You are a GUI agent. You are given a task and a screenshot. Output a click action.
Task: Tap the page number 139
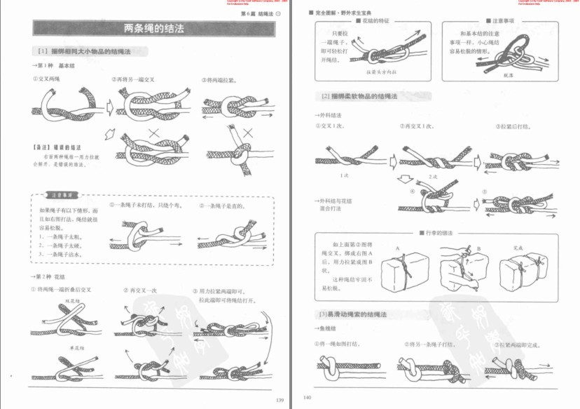[279, 400]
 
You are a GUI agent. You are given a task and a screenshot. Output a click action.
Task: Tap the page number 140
[307, 398]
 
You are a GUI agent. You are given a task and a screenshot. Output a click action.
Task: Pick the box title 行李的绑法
[441, 232]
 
